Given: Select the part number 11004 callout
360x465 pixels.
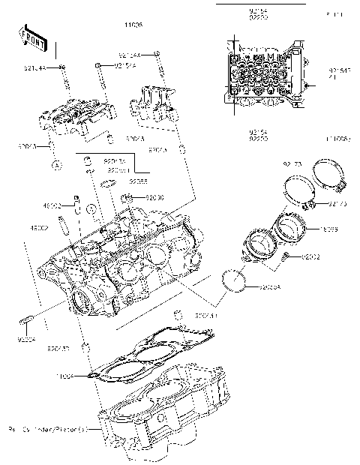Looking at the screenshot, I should tap(65, 374).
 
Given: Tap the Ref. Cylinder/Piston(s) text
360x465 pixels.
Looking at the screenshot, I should tap(48, 430).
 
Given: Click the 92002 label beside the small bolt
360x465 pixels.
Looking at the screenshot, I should tap(310, 256).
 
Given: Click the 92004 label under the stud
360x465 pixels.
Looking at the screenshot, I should tap(27, 338).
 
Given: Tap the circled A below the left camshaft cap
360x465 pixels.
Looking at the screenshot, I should tap(55, 163).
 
